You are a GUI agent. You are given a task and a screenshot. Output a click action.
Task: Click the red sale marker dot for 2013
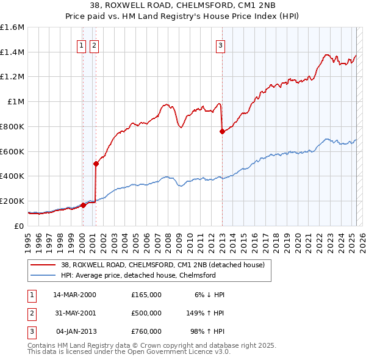[x=222, y=131]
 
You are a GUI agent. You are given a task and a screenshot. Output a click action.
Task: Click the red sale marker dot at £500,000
[x=96, y=164]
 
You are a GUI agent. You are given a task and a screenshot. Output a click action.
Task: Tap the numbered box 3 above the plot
[x=220, y=44]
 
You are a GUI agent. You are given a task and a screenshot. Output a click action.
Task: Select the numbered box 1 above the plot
[x=82, y=44]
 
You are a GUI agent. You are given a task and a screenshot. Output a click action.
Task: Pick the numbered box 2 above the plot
[x=94, y=44]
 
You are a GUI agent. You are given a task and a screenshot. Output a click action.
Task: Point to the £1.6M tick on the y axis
[x=12, y=27]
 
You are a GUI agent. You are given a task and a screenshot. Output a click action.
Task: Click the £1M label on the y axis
[x=16, y=102]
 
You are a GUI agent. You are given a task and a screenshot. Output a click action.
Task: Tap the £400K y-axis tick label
[x=12, y=176]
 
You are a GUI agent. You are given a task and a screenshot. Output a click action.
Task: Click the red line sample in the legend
[x=43, y=265]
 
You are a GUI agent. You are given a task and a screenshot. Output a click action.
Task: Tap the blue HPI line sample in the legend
[x=43, y=275]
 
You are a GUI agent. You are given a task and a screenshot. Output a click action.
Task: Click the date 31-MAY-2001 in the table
[x=74, y=313]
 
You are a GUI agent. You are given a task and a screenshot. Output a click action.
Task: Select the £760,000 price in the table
[x=146, y=331]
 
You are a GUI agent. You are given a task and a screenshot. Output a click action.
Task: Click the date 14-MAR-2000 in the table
[x=74, y=295]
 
